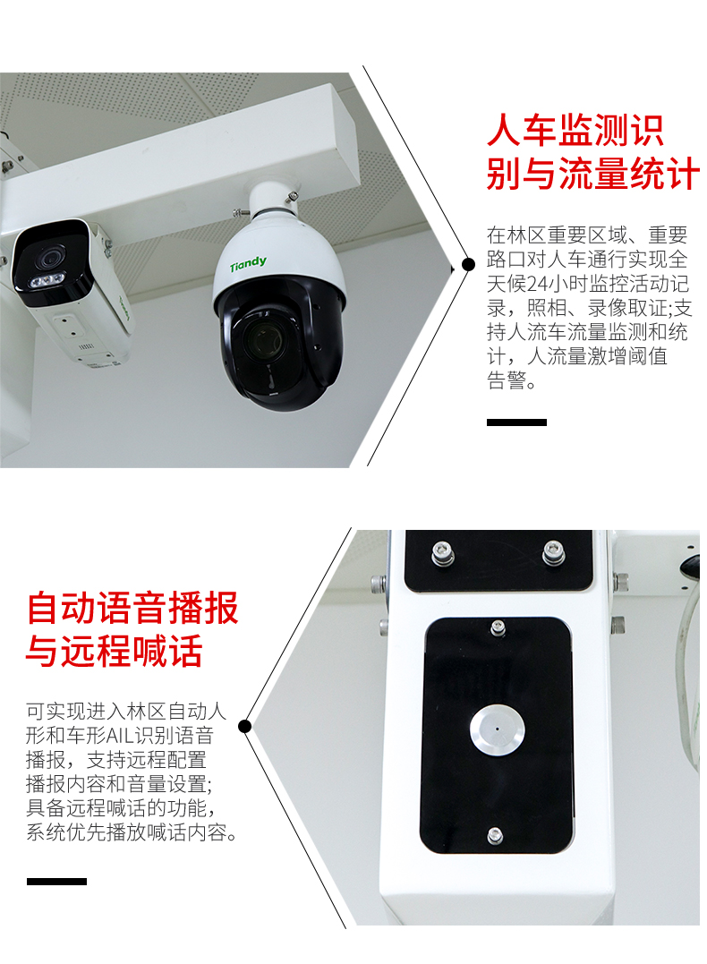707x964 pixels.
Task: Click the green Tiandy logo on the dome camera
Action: click(x=249, y=264)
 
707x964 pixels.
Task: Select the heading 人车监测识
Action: click(x=575, y=131)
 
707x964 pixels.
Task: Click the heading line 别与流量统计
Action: click(x=592, y=174)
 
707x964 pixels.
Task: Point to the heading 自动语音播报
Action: click(x=132, y=608)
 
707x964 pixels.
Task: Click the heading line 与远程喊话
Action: click(x=115, y=651)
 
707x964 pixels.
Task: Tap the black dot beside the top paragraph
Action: click(x=468, y=264)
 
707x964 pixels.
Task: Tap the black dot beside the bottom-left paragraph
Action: click(x=244, y=727)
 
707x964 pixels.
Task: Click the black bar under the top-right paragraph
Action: click(x=516, y=422)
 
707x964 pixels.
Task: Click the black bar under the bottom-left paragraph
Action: click(x=56, y=882)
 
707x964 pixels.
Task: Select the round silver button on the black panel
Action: click(x=497, y=729)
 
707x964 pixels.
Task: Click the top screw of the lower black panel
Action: click(x=498, y=627)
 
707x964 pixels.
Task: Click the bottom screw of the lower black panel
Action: click(x=495, y=835)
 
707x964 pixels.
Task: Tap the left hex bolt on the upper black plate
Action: click(x=442, y=551)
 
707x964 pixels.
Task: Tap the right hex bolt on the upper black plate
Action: click(x=553, y=551)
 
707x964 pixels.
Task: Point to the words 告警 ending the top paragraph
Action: click(x=507, y=380)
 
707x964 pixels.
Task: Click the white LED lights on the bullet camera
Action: click(x=46, y=281)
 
